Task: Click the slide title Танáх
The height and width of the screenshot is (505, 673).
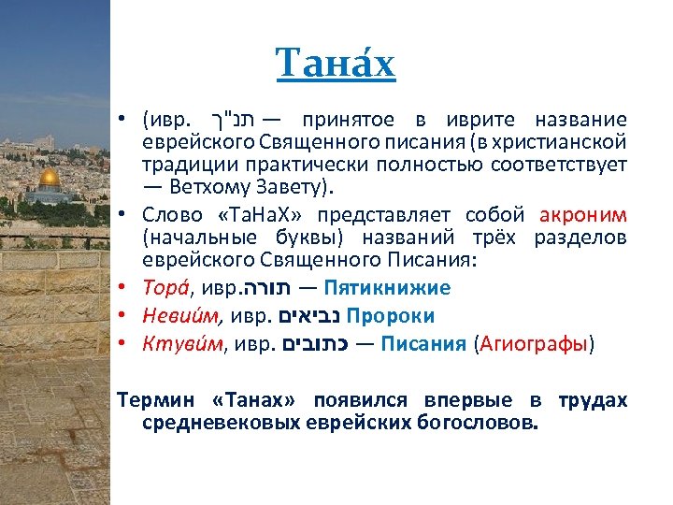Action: click(336, 65)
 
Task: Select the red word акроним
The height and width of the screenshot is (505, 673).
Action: click(589, 214)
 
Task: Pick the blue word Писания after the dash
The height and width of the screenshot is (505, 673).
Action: click(423, 344)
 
